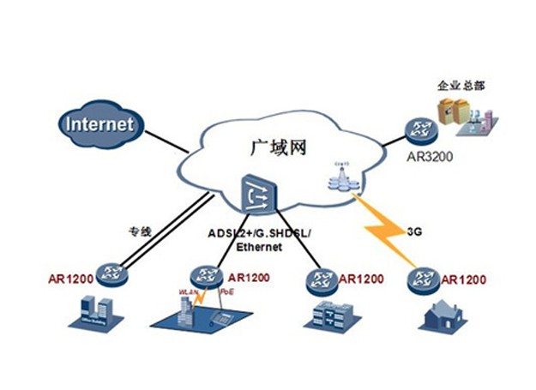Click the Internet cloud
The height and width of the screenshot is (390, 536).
click(x=99, y=124)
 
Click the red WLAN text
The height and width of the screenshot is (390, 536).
click(x=188, y=293)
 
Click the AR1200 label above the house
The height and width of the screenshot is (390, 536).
click(x=464, y=280)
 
